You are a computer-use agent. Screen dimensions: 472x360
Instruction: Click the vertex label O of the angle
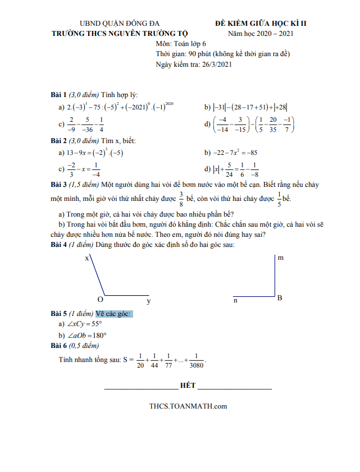[x=100, y=299]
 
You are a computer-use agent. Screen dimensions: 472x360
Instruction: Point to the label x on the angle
[x=86, y=258]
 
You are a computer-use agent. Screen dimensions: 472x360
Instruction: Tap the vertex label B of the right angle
[x=279, y=297]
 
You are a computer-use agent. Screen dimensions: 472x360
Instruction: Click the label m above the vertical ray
[x=280, y=258]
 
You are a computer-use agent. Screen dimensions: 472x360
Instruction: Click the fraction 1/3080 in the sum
[x=197, y=360]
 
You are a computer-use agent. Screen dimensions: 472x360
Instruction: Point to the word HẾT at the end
[x=188, y=386]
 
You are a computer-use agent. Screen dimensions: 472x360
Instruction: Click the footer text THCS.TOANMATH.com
[x=188, y=406]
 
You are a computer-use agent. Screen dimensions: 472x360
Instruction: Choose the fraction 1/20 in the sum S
[x=140, y=360]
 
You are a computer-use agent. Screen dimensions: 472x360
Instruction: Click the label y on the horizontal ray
[x=148, y=301]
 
